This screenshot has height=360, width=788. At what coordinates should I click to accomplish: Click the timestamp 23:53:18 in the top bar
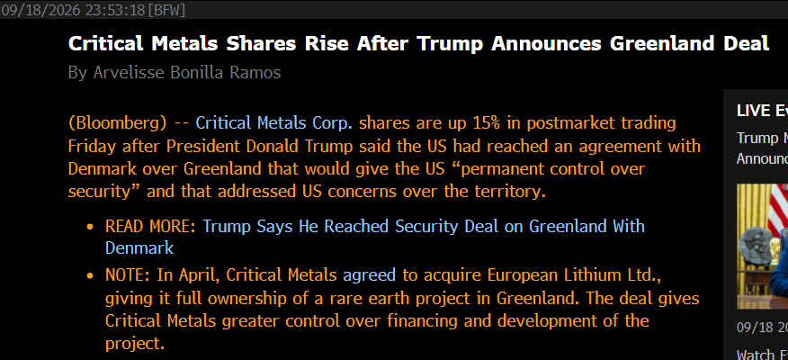[x=115, y=10]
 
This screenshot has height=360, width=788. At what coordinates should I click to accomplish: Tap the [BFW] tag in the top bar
[x=166, y=10]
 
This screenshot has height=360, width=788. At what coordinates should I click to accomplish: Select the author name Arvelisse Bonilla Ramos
[x=187, y=72]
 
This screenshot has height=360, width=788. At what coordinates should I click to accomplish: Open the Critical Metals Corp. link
[x=274, y=123]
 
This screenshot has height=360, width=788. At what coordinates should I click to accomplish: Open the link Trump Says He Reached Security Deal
[x=352, y=227]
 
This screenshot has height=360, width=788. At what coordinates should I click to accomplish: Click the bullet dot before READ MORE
[x=91, y=228]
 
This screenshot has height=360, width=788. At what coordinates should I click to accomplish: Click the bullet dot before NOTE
[x=91, y=275]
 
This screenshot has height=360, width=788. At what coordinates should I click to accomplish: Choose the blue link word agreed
[x=370, y=276]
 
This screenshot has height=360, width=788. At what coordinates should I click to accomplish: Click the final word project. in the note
[x=135, y=345]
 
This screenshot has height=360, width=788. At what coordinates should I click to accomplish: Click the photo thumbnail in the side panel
[x=763, y=247]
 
